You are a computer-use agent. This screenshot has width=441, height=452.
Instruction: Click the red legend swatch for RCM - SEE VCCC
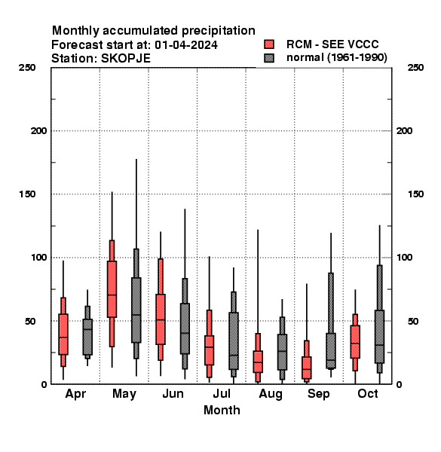click(269, 44)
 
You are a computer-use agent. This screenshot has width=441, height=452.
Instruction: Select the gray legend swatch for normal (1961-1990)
click(269, 58)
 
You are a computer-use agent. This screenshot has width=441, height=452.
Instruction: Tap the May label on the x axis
click(124, 394)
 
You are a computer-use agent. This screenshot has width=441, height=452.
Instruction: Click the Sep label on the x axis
click(319, 394)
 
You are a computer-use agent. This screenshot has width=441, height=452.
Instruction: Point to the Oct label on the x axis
click(368, 393)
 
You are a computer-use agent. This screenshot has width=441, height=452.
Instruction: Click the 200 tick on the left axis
click(39, 131)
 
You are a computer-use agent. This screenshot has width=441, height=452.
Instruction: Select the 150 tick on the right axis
click(415, 194)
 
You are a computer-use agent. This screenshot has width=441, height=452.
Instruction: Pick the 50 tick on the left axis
click(30, 321)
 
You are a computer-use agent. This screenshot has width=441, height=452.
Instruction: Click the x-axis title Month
click(222, 410)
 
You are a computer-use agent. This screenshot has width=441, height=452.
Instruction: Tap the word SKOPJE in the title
click(126, 59)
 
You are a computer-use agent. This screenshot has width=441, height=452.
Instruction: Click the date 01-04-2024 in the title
click(186, 45)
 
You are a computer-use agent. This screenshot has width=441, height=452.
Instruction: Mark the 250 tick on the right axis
click(415, 68)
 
